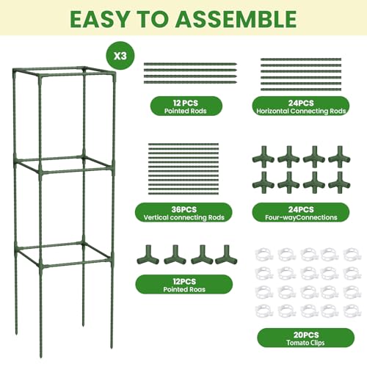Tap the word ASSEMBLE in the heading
point(236,19)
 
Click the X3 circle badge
point(120,56)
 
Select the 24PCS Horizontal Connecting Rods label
point(301,106)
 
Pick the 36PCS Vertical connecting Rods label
point(183,213)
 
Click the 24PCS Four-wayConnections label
point(301,213)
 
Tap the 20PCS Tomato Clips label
point(305,338)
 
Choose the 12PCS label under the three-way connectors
point(184,284)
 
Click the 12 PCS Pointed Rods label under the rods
point(186,106)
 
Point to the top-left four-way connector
point(264,157)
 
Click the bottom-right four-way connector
point(339,183)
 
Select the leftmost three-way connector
point(148,255)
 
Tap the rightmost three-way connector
point(226,255)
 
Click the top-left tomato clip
point(264,255)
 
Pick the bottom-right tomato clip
point(352,310)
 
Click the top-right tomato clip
point(352,255)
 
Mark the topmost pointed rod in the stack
point(190,65)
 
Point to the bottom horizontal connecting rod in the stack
point(301,90)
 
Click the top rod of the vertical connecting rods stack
point(183,145)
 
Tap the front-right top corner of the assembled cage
point(114,73)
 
